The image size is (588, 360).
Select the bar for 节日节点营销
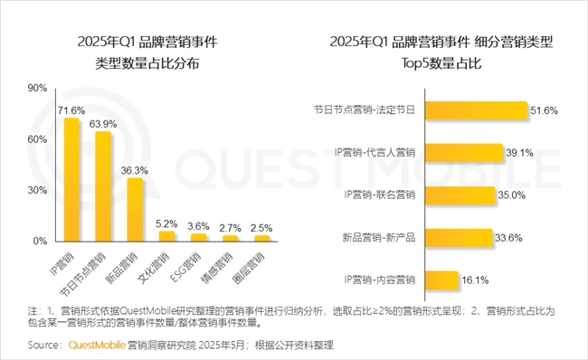(103, 186)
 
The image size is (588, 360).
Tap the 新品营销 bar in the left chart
(135, 209)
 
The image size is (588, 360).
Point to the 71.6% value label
(72, 110)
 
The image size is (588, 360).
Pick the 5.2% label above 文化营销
(166, 223)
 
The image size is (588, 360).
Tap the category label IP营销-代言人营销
(374, 153)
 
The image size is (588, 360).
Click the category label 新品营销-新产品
(376, 238)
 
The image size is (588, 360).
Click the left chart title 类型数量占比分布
(148, 65)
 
